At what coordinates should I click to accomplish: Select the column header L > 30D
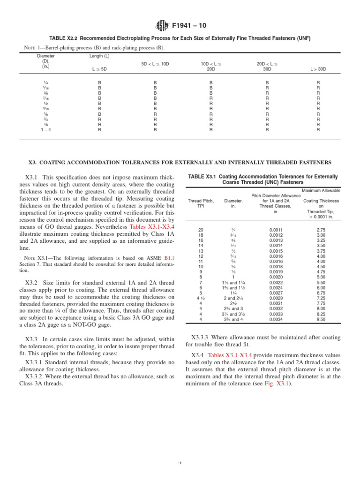coord(318,69)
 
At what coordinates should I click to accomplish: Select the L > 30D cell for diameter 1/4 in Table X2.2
coord(318,82)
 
